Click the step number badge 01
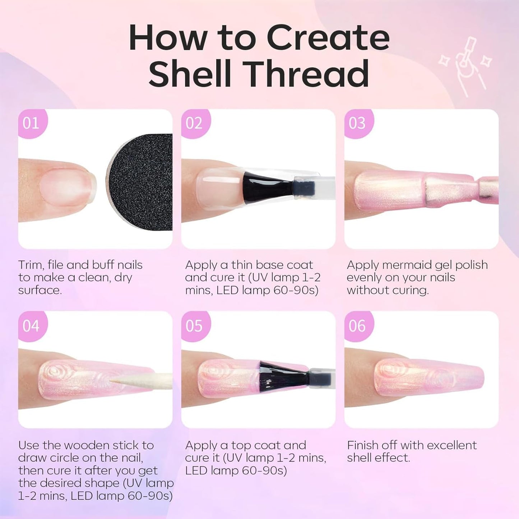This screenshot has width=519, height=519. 31,123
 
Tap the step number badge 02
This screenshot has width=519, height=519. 194,123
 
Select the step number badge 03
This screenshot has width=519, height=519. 357,123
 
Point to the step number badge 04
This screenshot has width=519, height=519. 31,326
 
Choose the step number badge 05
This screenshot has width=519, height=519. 194,326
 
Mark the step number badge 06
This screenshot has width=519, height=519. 357,326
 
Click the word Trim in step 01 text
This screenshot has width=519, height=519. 31,265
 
